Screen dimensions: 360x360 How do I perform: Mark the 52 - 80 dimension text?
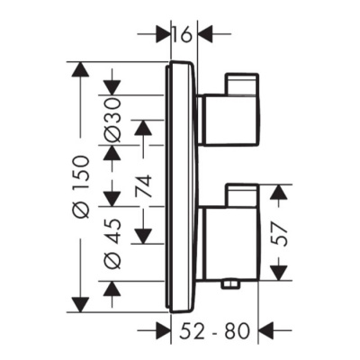pyautogui.click(x=216, y=330)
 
